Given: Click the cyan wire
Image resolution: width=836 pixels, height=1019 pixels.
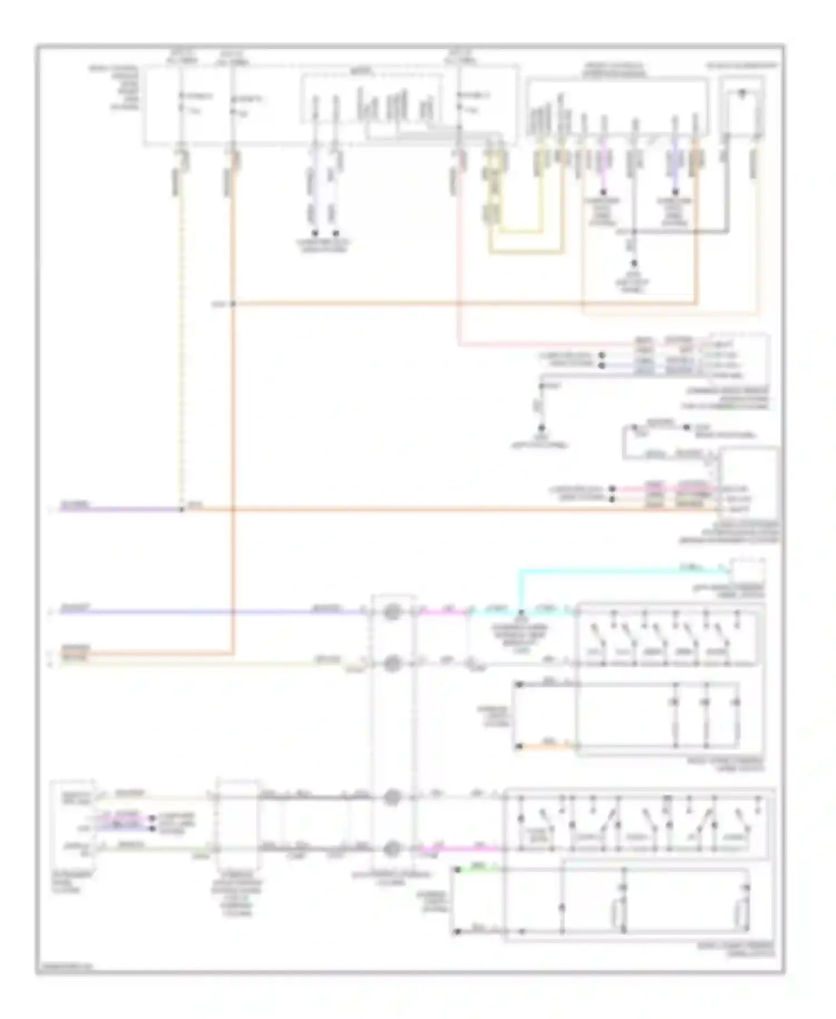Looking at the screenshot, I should tap(613, 570).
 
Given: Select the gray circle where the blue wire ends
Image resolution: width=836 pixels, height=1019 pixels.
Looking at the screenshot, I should tap(392, 612).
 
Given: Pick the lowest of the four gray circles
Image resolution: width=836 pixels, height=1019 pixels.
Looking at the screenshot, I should tap(392, 848).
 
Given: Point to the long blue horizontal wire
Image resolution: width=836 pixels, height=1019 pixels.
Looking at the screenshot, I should tap(212, 612).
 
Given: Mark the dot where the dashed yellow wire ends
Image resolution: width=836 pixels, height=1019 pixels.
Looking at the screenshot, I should tap(182, 509).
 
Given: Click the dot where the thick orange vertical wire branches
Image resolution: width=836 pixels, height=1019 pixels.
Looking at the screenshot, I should tap(233, 304).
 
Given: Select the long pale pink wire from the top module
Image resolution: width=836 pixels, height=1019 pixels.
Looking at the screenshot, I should tap(459, 251).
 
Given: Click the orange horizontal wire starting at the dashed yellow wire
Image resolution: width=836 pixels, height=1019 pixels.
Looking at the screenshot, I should tap(446, 509).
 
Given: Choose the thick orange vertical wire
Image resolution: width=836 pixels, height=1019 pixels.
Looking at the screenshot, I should tap(233, 446).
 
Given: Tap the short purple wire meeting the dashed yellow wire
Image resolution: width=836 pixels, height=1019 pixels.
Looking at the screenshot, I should tap(120, 509).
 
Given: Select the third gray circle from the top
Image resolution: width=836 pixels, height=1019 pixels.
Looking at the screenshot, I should tap(392, 797).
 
